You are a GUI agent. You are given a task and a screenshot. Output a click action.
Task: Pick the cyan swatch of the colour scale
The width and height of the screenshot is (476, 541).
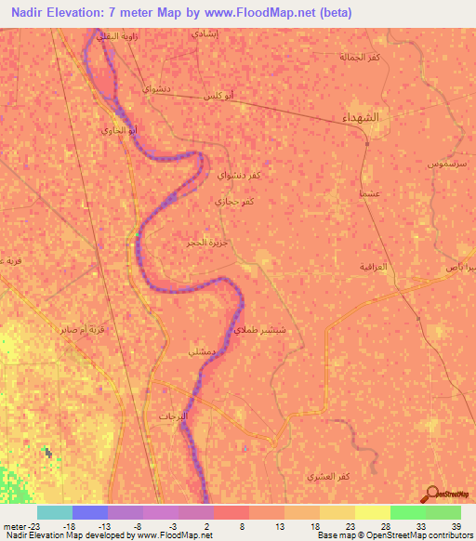(54, 512)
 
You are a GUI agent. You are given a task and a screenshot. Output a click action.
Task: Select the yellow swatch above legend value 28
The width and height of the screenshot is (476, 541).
(372, 512)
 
